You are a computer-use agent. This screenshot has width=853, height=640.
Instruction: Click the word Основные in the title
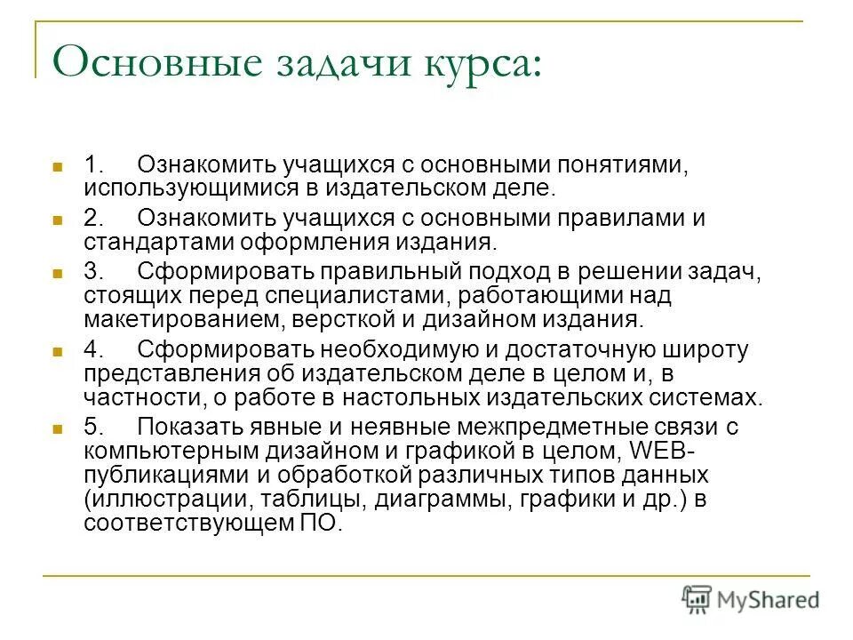point(146,65)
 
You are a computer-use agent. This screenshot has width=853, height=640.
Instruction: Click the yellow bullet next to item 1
point(58,166)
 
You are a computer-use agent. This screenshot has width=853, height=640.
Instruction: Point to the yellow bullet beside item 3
point(58,271)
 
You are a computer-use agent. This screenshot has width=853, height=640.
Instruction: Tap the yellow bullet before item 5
point(58,428)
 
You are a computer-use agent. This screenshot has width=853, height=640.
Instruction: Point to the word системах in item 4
point(703,396)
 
